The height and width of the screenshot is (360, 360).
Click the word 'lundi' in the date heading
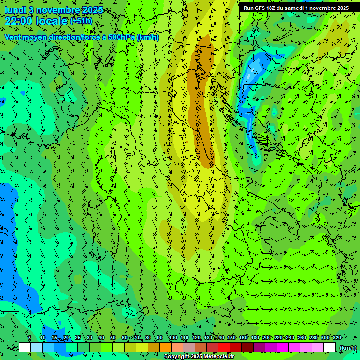pos(15,10)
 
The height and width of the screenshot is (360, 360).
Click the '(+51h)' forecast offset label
pos(81,21)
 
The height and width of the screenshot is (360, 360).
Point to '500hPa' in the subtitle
pos(121,37)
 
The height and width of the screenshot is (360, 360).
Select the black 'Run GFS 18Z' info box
pos(296,8)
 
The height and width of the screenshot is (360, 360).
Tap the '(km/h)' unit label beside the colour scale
pos(347,348)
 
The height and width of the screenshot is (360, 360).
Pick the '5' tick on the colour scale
pos(30,338)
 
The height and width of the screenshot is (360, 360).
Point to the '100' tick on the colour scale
pos(172,338)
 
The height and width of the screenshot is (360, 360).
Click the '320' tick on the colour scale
pos(337,338)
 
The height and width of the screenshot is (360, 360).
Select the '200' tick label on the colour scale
pos(266,338)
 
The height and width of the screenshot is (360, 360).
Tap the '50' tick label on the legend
pos(113,338)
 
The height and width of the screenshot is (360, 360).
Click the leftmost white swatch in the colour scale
pos(25,347)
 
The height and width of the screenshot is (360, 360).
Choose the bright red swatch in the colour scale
pos(224,347)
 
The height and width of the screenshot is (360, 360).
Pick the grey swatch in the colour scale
pos(189,347)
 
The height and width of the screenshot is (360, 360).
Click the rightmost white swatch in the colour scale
pos(330,347)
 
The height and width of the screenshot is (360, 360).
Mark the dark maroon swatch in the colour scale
pos(247,347)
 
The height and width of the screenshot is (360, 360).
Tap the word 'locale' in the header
pos(51,21)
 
